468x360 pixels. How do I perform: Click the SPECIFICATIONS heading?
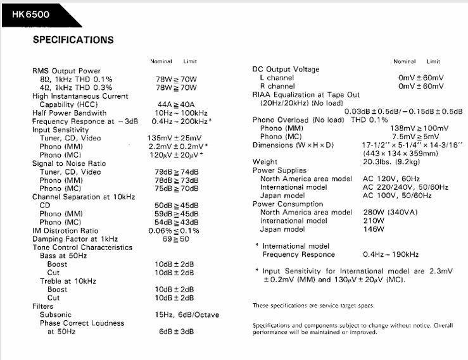[73, 40]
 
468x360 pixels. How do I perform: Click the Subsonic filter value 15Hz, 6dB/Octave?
[185, 314]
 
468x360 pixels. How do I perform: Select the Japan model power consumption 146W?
[374, 229]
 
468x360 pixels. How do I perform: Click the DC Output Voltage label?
[286, 70]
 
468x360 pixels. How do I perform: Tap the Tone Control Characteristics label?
[82, 247]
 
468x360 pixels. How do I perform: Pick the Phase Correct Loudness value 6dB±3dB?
[176, 332]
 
